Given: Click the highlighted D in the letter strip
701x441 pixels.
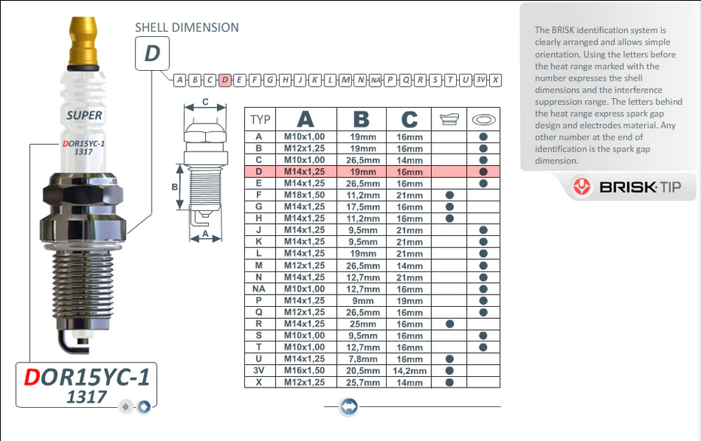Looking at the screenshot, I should click(x=225, y=80).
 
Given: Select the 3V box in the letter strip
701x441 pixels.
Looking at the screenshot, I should click(x=480, y=80).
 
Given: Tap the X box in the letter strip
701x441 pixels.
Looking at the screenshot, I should click(x=494, y=80).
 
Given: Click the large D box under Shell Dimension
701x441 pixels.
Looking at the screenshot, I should click(x=152, y=54).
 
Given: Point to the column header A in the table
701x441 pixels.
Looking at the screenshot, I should click(x=305, y=119).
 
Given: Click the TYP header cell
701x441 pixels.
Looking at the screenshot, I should click(x=260, y=119).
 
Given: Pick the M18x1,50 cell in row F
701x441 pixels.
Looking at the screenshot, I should click(x=304, y=195).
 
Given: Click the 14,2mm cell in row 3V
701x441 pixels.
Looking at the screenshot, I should click(x=409, y=371).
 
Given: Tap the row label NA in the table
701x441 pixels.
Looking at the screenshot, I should click(x=259, y=289).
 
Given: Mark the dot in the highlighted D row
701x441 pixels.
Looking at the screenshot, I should click(x=483, y=172).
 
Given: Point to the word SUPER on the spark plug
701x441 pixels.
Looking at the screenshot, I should click(x=84, y=115).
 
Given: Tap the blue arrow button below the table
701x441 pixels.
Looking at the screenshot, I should click(x=348, y=407).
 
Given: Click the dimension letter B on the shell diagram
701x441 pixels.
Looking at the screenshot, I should click(x=174, y=187).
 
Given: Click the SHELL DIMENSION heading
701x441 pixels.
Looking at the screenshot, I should click(x=186, y=27).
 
